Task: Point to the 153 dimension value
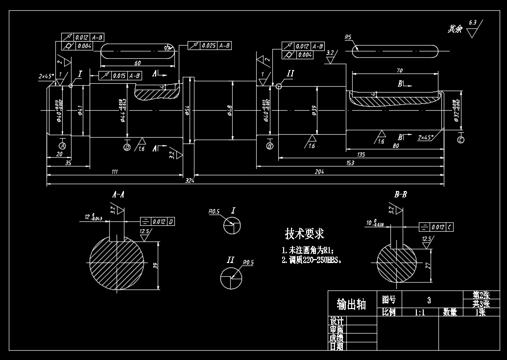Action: (x=349, y=163)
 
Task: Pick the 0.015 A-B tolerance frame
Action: (x=121, y=75)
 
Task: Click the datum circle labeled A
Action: (x=62, y=146)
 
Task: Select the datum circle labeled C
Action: (x=460, y=140)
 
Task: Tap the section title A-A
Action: (x=118, y=194)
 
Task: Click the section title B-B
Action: (x=401, y=194)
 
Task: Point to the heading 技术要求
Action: (x=305, y=233)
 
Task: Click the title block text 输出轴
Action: (x=351, y=305)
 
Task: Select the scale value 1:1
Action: (x=420, y=312)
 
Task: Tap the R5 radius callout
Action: (x=348, y=37)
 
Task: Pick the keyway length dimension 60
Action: (x=137, y=63)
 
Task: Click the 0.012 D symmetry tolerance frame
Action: (x=158, y=221)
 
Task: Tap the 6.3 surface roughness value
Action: (x=472, y=23)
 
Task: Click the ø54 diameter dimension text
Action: (x=187, y=111)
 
